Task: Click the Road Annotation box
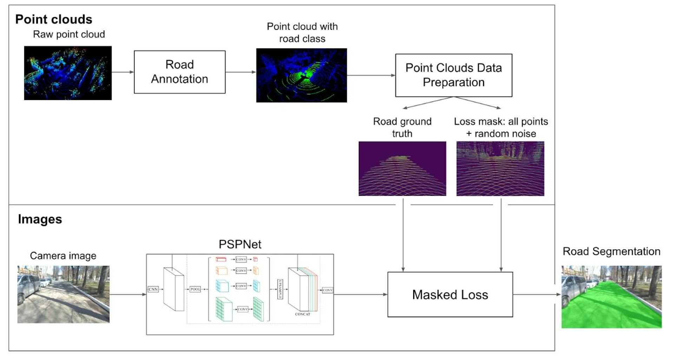(179, 72)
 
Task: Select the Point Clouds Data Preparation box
(453, 75)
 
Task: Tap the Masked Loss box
(450, 294)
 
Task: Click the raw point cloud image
(68, 73)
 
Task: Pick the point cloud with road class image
(301, 75)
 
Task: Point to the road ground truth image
(402, 168)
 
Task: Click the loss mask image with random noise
(500, 168)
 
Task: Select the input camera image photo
(63, 294)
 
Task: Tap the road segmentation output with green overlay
(611, 297)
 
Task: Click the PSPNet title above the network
(240, 244)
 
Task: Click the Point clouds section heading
(54, 19)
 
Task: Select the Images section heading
(40, 219)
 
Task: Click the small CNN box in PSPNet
(153, 289)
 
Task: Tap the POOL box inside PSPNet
(195, 289)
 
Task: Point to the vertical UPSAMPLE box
(280, 289)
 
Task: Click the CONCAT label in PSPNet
(302, 314)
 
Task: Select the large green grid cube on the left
(224, 309)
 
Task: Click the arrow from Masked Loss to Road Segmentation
(536, 294)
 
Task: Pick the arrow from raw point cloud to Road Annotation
(123, 72)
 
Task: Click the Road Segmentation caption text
(611, 251)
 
